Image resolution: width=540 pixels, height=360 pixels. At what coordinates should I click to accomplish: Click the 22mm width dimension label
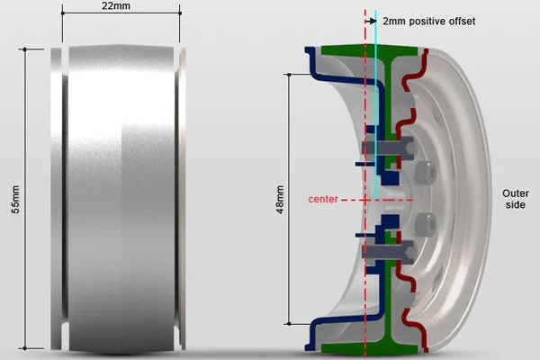[116, 6]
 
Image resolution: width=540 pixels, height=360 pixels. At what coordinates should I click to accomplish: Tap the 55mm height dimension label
[16, 200]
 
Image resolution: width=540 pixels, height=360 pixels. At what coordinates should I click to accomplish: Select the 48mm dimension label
[280, 200]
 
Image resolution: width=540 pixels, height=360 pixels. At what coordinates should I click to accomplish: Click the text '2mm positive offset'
[428, 22]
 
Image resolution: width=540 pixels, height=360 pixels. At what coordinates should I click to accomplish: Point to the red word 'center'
[323, 199]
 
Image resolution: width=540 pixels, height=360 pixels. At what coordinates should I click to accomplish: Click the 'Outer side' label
[515, 199]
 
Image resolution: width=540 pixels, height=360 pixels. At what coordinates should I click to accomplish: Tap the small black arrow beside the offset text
[371, 22]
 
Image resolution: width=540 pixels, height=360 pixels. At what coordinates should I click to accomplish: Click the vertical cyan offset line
[375, 105]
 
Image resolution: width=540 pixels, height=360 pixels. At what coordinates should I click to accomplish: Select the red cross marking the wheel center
[365, 200]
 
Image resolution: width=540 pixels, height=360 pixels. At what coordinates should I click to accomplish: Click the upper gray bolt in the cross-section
[388, 148]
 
